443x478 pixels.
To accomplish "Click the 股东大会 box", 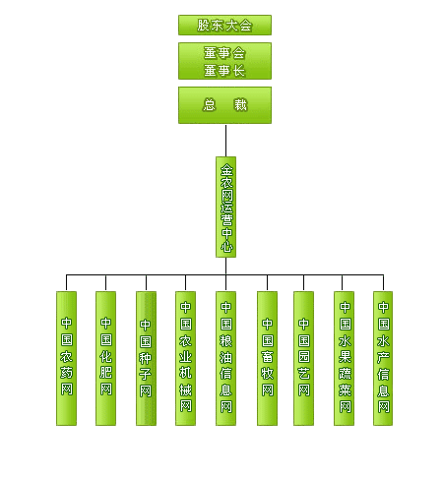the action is tap(224, 25).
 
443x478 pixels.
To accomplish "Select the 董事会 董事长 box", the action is tap(224, 61).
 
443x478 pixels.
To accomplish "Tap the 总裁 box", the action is tap(224, 105).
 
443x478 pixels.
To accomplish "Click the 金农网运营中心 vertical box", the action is tap(225, 207).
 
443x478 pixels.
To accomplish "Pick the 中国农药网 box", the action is tap(66, 358).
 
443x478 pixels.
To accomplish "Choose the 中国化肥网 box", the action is tap(105, 358).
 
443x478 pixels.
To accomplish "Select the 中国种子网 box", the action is tap(146, 358).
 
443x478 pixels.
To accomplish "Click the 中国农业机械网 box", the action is tap(185, 358).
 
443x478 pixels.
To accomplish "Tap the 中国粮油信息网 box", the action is tap(225, 358).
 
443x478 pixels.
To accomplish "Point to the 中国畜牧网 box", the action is tap(267, 358).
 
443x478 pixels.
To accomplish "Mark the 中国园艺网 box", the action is tap(303, 358).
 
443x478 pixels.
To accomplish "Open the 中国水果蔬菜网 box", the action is tap(344, 358).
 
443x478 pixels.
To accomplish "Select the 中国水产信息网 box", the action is tap(383, 358).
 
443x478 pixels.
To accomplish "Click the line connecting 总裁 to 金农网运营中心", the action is tap(225, 141).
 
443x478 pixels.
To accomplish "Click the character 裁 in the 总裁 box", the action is tap(240, 105).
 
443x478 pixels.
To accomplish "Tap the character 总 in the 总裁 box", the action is tap(210, 105).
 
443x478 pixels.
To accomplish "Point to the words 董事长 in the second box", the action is tap(224, 71).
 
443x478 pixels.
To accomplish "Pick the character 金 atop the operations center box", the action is tap(226, 170).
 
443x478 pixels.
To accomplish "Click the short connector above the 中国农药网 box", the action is tap(66, 282).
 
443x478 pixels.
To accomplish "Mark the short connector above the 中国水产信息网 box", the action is tap(383, 282).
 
